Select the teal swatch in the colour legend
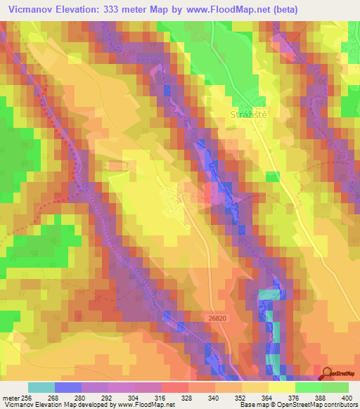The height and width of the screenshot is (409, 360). point(41,387)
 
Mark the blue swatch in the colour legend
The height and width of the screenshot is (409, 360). point(68,387)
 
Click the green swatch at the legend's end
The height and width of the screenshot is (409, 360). point(335,387)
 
